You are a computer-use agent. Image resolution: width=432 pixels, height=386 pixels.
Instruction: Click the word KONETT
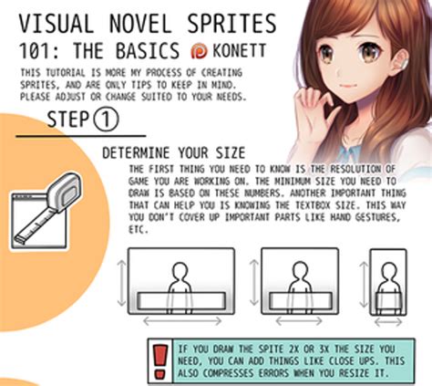(238, 51)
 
